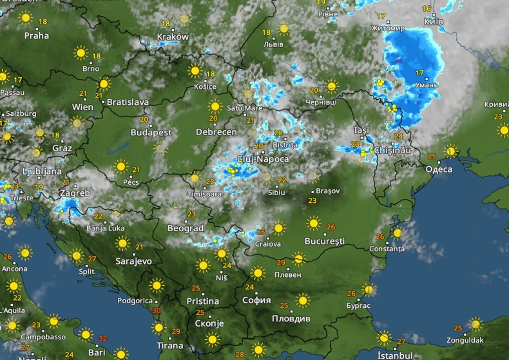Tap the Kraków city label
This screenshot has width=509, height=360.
point(173,37)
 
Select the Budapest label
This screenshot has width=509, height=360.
point(151,132)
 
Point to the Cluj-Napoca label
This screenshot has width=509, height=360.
point(262,158)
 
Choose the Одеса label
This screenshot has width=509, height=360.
point(439,169)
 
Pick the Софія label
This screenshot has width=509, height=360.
point(257,300)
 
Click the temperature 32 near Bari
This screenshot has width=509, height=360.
point(104,337)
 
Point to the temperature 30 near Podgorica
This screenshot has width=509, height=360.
point(157,310)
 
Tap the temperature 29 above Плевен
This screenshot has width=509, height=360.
point(281,263)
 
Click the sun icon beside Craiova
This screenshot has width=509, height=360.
point(278,228)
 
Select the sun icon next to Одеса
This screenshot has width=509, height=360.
point(450,152)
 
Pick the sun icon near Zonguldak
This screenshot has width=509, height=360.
point(475,324)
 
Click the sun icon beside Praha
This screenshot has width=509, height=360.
point(25,18)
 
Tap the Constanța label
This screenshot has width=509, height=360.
point(387,249)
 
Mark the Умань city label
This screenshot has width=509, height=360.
point(427,84)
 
